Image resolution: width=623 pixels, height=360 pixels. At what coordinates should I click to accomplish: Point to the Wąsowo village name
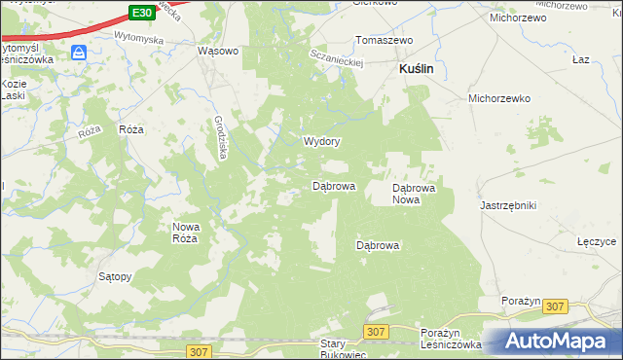pos(218,51)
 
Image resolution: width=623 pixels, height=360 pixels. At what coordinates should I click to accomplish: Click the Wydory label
pos(321,141)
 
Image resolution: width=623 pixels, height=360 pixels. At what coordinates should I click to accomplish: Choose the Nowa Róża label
pos(186,232)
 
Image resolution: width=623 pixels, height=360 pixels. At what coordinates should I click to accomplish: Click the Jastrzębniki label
pos(508,205)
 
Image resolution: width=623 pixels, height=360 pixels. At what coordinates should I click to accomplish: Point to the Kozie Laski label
pos(14,90)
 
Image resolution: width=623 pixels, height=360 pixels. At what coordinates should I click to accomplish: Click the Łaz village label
pos(581,59)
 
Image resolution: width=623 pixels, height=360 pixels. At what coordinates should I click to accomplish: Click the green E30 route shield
pos(141,12)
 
